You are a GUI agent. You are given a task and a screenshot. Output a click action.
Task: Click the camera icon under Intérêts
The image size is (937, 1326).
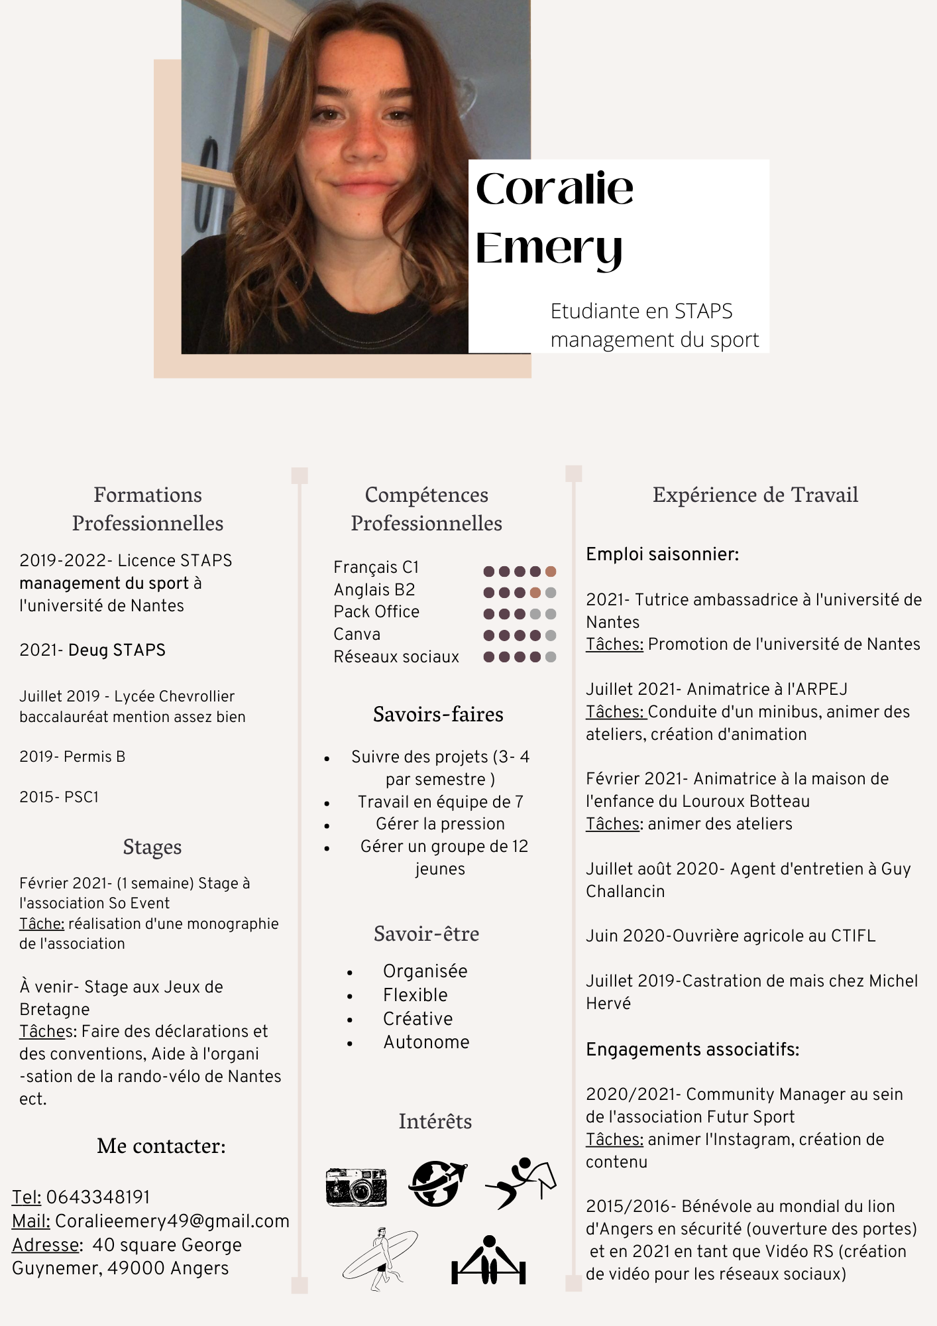[x=357, y=1186]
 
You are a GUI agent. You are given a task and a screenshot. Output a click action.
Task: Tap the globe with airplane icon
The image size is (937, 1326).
[x=437, y=1183]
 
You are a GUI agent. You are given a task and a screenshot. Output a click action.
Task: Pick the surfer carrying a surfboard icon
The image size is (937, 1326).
[x=380, y=1258]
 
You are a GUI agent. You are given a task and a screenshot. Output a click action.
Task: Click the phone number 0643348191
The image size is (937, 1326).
[x=98, y=1197]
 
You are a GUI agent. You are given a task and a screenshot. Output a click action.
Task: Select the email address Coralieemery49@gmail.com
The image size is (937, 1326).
[x=172, y=1221]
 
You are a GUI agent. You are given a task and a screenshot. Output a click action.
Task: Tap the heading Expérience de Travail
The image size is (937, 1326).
[x=755, y=495]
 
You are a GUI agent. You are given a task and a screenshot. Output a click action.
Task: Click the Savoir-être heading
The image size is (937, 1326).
[x=426, y=934]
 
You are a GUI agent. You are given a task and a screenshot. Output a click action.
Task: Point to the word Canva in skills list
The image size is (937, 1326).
[x=357, y=634]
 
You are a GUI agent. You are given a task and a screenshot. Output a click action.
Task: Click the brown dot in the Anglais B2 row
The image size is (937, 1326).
[x=535, y=593]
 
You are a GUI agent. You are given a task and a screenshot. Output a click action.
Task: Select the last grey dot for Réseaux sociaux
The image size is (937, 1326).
[x=551, y=657]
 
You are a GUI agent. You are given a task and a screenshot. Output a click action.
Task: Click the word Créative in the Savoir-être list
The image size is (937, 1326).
[x=417, y=1018]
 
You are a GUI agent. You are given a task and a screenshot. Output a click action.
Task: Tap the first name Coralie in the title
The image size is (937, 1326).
[x=555, y=189]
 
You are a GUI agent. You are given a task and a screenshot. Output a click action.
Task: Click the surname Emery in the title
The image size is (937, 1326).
[x=549, y=249]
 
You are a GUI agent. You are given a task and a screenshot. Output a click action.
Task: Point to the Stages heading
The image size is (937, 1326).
[x=152, y=847]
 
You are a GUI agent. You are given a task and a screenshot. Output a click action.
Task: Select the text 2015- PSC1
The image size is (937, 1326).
[x=59, y=797]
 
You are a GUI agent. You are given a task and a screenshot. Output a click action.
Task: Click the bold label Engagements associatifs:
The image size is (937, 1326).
[x=692, y=1050]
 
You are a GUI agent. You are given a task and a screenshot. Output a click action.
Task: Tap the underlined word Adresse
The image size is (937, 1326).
[x=45, y=1244]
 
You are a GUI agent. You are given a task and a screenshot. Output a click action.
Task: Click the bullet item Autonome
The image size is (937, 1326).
[x=426, y=1042]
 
